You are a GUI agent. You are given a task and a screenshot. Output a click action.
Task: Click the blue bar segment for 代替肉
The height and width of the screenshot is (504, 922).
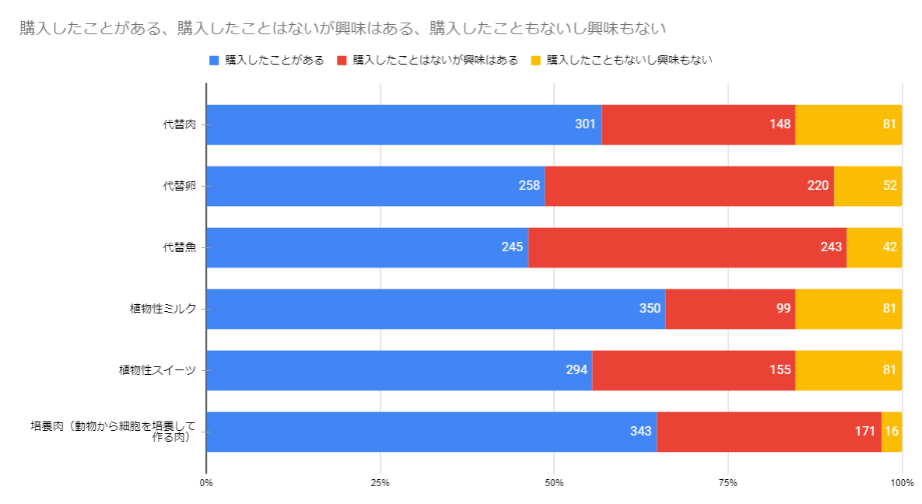(403, 124)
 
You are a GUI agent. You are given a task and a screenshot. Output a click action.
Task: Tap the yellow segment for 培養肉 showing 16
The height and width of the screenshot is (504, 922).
(892, 432)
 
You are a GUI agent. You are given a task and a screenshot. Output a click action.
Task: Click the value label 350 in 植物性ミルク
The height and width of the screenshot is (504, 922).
(650, 309)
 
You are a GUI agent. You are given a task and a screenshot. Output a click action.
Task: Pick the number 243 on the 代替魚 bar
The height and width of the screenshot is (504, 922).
(831, 247)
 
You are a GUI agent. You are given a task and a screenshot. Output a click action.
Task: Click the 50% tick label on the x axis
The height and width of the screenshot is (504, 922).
(554, 484)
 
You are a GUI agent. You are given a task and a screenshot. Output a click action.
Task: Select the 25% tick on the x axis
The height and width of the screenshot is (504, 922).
(380, 484)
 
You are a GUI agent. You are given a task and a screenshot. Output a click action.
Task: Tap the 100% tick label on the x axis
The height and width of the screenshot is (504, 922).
(902, 484)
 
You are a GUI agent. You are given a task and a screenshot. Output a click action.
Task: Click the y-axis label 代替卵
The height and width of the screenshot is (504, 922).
(179, 186)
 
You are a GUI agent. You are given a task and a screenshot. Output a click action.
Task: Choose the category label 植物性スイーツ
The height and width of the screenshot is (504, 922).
(163, 370)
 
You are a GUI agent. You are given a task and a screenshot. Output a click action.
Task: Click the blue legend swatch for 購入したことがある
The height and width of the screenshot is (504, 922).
(214, 60)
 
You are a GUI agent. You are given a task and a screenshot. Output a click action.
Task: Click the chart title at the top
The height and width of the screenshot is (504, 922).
(342, 29)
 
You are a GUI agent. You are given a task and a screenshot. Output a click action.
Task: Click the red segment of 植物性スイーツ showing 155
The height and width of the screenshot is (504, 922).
(692, 370)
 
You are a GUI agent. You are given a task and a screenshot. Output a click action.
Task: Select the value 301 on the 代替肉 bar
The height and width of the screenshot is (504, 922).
(585, 124)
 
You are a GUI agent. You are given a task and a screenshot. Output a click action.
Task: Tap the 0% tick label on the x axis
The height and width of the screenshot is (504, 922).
(206, 484)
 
